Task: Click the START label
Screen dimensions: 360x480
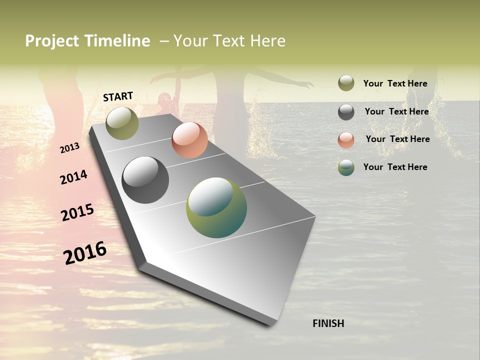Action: [x=118, y=96]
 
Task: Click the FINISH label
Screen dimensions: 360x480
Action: [x=328, y=323]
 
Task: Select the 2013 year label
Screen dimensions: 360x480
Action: [x=69, y=148]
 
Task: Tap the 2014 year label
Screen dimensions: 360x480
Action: [x=73, y=177]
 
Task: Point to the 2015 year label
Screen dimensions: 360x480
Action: [x=77, y=212]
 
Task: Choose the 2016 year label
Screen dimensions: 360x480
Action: [x=85, y=252]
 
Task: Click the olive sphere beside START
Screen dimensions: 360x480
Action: [x=122, y=123]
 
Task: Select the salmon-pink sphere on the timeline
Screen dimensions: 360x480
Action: [x=189, y=139]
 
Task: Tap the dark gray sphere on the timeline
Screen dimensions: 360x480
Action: [x=145, y=180]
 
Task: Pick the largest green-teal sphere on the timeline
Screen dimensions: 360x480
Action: [x=216, y=207]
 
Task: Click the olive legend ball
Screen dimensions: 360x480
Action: [x=346, y=83]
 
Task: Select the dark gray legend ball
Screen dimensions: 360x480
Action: [x=346, y=112]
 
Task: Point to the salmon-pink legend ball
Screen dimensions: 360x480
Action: [x=346, y=139]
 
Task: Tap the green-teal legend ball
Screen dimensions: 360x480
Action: [x=346, y=167]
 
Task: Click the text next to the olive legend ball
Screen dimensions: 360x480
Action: [x=395, y=83]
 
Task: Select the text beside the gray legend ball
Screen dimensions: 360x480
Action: [x=396, y=111]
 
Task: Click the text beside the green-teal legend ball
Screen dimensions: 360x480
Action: [x=395, y=167]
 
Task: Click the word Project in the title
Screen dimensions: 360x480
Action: [x=52, y=41]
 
